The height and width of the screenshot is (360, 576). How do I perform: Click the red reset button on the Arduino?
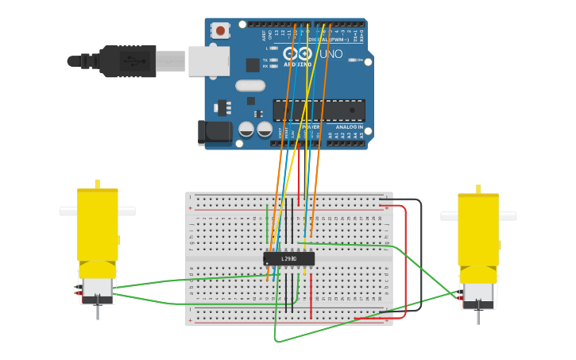tap(220, 31)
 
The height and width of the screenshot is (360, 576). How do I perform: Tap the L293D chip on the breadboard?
tap(289, 258)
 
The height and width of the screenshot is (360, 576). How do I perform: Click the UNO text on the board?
tap(331, 54)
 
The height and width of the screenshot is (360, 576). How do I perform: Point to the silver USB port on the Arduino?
tap(208, 61)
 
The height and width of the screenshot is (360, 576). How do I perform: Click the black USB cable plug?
tap(127, 61)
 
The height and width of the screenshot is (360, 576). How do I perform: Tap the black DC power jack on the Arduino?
tap(214, 133)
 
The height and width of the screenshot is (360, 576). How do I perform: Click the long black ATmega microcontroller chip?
tap(319, 110)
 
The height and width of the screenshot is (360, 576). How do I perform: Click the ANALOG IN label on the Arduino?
tap(349, 127)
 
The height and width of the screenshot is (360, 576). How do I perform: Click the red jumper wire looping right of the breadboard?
tap(405, 262)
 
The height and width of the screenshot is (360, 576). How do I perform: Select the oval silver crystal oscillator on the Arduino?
tap(250, 85)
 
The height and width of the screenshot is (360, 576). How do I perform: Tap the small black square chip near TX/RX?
tap(253, 65)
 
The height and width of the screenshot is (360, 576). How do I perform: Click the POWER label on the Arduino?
tap(310, 127)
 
